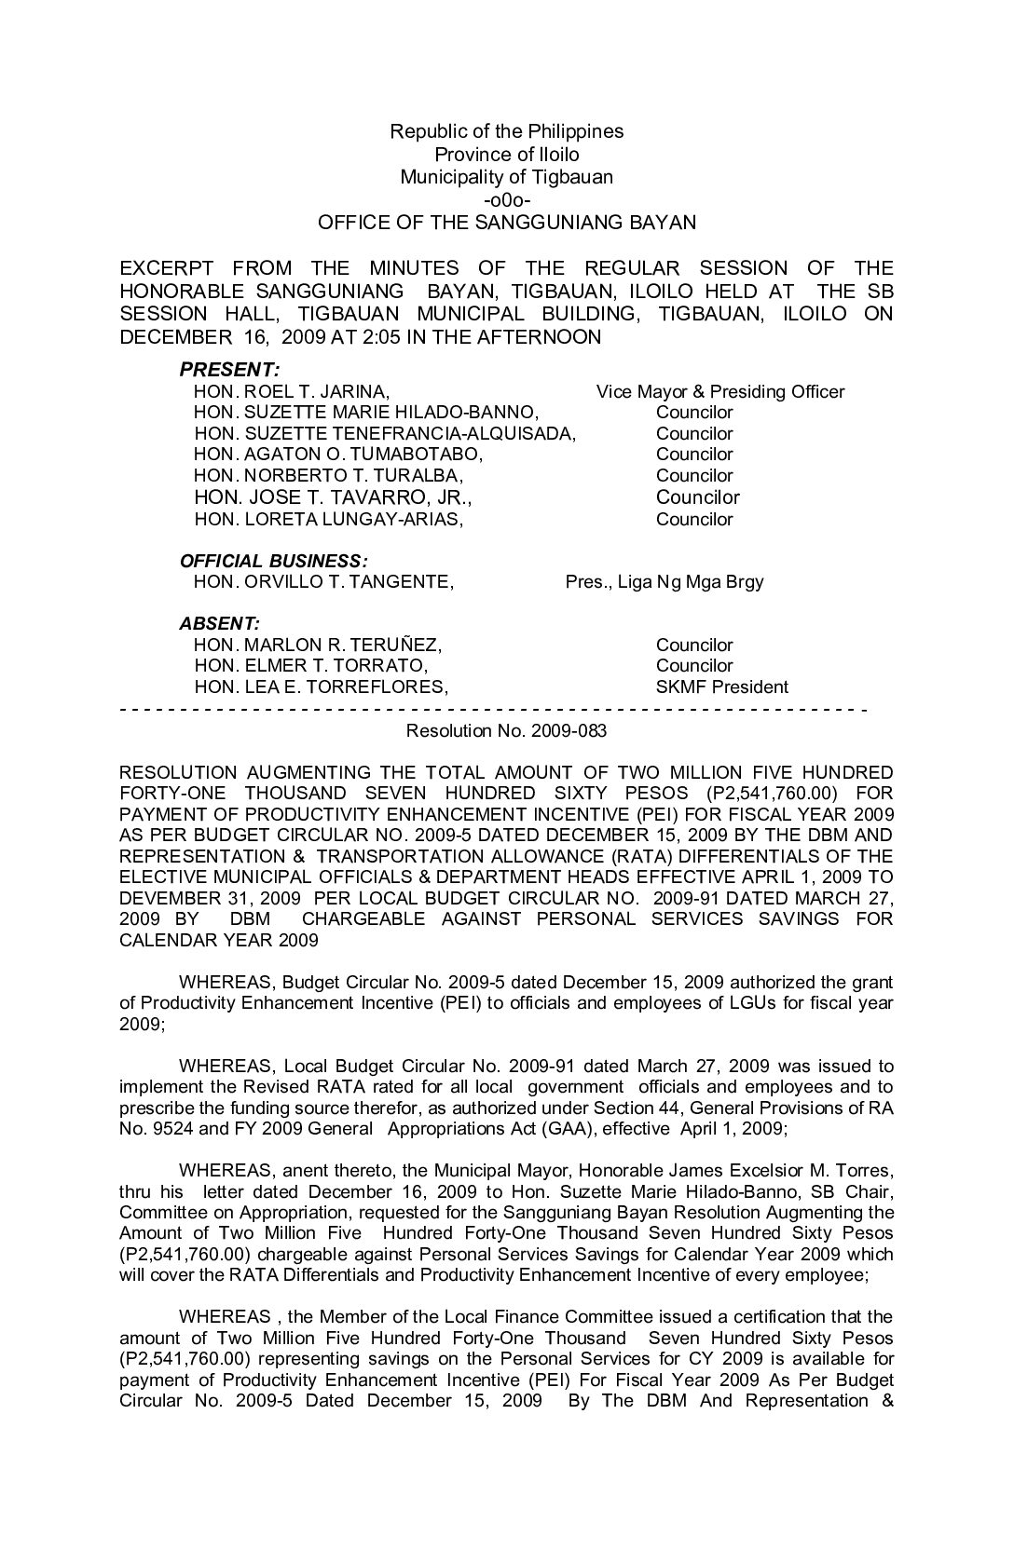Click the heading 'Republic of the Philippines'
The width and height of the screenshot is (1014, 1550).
point(506,131)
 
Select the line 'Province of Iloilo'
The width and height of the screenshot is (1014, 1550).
point(506,155)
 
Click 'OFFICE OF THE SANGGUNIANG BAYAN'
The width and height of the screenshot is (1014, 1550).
point(506,223)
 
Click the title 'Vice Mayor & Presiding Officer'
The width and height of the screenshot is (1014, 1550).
point(719,391)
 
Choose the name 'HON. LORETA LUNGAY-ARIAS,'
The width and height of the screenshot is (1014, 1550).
point(328,520)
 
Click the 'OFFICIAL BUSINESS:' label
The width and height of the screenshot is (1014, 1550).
point(273,562)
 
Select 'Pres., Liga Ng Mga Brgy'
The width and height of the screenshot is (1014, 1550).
point(664,582)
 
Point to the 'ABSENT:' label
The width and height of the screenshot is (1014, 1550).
point(220,623)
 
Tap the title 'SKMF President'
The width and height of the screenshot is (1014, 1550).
point(721,687)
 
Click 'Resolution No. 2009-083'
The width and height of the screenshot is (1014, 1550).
point(506,731)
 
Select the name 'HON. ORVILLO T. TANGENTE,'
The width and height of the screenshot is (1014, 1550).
point(323,582)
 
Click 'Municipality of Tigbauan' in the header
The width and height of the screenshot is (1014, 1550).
point(506,177)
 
